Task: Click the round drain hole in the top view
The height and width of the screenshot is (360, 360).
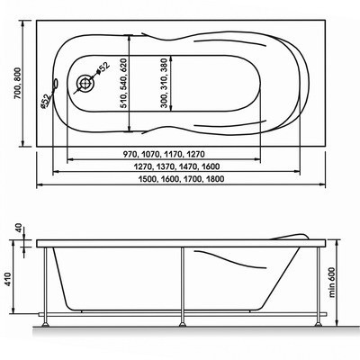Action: [85, 83]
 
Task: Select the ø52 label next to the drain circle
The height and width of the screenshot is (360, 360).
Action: [104, 67]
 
